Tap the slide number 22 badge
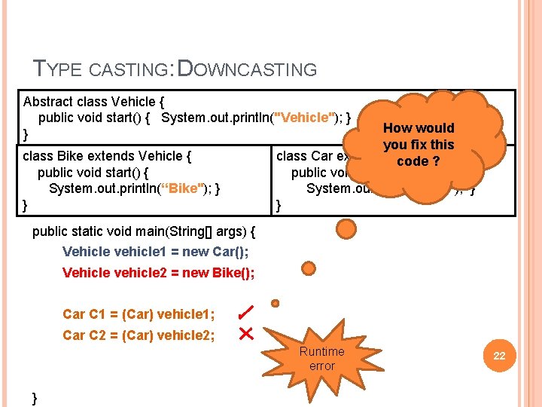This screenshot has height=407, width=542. (499, 356)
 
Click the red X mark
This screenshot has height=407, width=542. (245, 333)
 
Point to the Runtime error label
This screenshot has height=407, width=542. (321, 359)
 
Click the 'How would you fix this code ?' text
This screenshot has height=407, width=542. (419, 144)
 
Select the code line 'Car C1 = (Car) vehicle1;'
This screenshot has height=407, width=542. (139, 314)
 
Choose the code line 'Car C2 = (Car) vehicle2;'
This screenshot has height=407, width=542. (139, 335)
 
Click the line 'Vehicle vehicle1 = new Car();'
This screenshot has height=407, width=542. (156, 252)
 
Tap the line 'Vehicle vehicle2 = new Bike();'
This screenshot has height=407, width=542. (158, 273)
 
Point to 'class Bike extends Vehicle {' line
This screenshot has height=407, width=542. (108, 156)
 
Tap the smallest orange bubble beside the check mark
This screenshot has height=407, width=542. (276, 303)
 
